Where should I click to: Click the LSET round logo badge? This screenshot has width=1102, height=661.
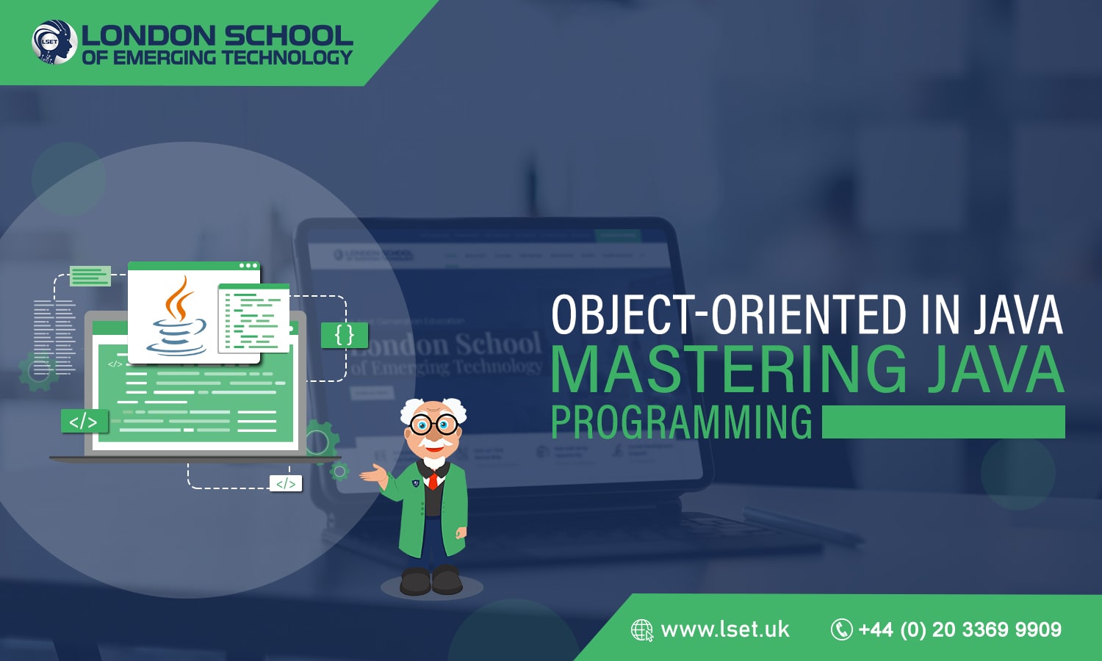click(54, 42)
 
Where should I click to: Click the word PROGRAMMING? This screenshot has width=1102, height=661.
click(681, 422)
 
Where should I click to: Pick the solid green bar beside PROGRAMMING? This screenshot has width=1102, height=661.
click(943, 422)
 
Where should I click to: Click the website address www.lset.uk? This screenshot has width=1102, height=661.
click(725, 629)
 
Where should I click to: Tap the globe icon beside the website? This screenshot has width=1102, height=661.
click(641, 630)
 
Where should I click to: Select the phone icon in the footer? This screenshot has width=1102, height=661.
click(841, 629)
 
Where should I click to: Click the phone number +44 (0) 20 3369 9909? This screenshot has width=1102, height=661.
click(959, 629)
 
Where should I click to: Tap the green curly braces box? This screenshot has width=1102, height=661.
click(344, 335)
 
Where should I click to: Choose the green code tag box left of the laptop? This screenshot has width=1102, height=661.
click(84, 421)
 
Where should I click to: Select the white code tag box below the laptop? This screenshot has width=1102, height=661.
click(286, 483)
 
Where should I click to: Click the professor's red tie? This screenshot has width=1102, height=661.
click(433, 480)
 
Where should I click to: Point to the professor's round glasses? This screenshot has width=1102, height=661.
click(433, 424)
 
